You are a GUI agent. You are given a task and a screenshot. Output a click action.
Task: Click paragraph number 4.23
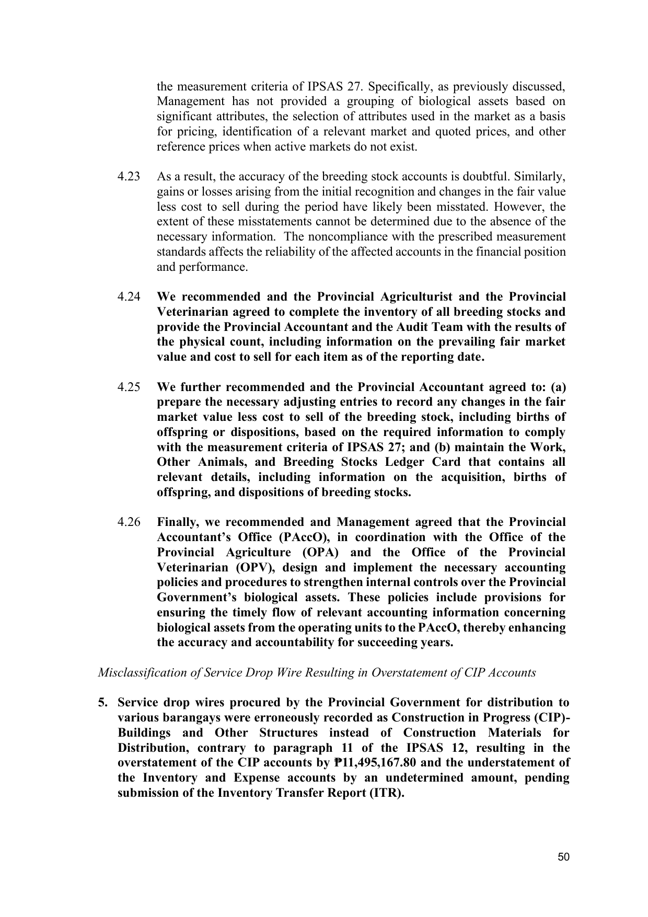pos(129,177)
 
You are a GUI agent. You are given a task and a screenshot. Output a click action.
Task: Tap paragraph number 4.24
pos(129,297)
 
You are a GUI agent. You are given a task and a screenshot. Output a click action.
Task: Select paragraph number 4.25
pos(129,387)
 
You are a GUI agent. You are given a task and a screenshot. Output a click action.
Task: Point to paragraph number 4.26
pos(129,522)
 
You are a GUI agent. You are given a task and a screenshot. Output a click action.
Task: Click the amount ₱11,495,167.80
pos(371,763)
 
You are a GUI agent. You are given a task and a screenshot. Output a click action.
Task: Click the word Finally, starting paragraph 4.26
pos(177,522)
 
